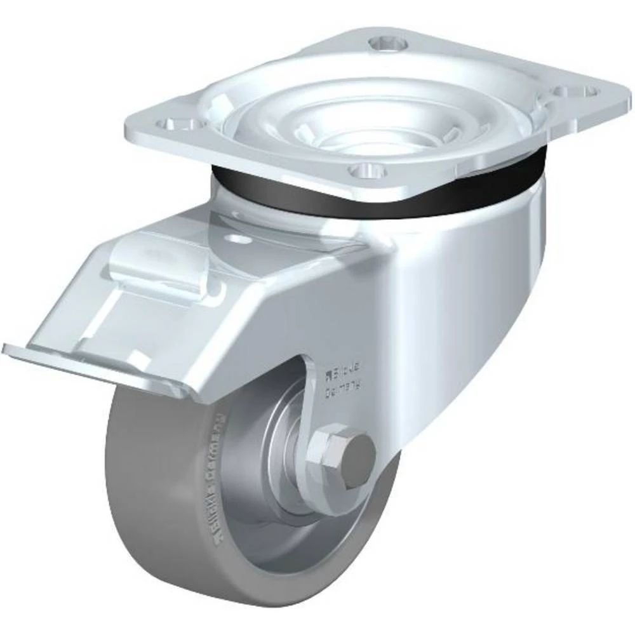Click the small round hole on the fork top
[x=240, y=240]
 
